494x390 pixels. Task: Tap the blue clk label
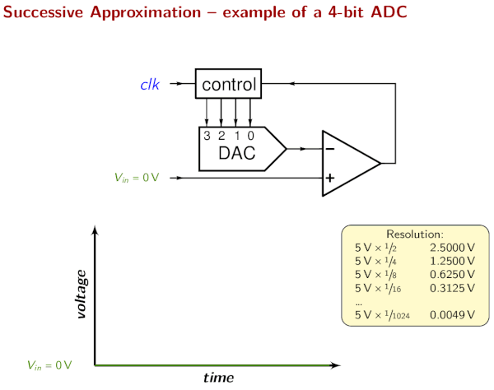[x=150, y=84]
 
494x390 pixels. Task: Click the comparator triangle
[x=346, y=163]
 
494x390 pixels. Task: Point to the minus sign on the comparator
[x=329, y=149]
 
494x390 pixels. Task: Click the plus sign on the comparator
[x=329, y=177]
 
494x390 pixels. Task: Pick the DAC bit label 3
[x=208, y=135]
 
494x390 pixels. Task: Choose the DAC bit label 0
[x=250, y=135]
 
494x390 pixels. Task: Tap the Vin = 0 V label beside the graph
[x=49, y=364]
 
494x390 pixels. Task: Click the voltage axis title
[x=81, y=294]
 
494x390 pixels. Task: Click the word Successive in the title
[x=42, y=14]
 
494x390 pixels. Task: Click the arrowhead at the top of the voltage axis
[x=96, y=231]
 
